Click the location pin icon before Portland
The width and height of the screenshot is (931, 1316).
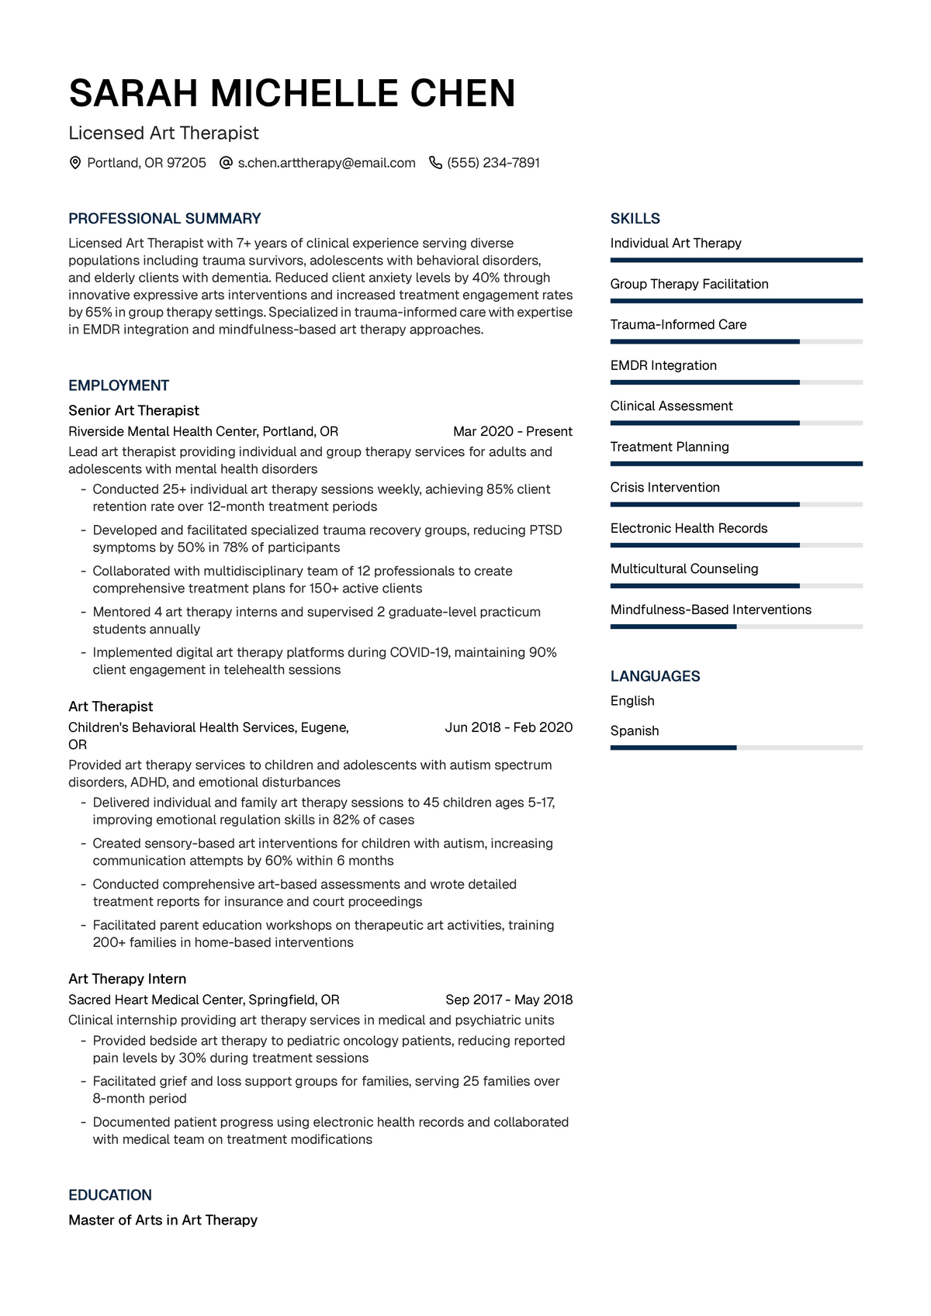coord(75,163)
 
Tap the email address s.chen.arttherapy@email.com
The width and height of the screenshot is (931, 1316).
coord(327,163)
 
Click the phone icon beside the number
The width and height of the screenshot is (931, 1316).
coord(435,163)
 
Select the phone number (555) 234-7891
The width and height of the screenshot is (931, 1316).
coord(493,163)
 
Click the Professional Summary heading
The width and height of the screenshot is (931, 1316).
coord(164,219)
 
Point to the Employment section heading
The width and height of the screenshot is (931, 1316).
coord(119,385)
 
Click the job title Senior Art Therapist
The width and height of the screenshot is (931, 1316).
coord(133,410)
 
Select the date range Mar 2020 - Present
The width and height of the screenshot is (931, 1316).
coord(513,431)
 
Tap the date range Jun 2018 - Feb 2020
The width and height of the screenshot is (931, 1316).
coord(509,727)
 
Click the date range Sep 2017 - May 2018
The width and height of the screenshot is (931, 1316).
coord(509,1000)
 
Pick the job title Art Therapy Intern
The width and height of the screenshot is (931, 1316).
coord(127,979)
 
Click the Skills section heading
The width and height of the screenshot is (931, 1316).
coord(635,219)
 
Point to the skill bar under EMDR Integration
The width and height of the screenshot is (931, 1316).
coord(736,382)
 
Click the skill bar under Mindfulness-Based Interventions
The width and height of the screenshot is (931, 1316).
coord(736,627)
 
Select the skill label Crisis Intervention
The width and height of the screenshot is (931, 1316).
coord(665,487)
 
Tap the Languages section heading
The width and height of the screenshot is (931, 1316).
coord(655,676)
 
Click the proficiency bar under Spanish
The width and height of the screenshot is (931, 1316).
coord(736,748)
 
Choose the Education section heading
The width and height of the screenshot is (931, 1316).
coord(110,1195)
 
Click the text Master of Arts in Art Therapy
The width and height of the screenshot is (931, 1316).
coord(163,1220)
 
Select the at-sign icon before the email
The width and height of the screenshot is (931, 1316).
coord(226,163)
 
